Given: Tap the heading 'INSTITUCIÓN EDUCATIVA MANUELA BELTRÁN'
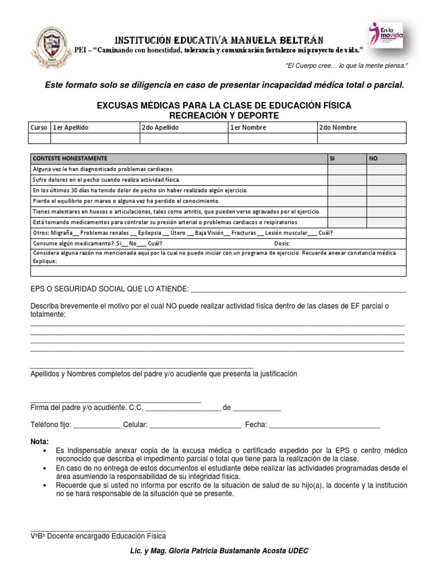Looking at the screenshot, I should click(220, 40).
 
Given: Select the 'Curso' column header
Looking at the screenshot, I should click(39, 128).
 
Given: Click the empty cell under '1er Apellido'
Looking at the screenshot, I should click(95, 138).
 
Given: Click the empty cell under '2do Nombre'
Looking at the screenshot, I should click(362, 138).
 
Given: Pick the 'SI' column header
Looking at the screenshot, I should click(347, 159).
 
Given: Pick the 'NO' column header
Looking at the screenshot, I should click(386, 159).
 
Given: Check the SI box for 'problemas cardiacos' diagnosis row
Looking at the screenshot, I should click(347, 169).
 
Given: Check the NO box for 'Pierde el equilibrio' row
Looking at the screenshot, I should click(386, 201).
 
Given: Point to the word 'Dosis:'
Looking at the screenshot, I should click(283, 243).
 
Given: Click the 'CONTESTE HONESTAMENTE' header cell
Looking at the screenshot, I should click(70, 159).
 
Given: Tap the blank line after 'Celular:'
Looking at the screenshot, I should click(195, 425).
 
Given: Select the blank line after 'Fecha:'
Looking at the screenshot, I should click(324, 425).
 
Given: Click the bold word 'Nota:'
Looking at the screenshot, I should click(39, 442).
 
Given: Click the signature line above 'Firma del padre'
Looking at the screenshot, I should click(115, 401).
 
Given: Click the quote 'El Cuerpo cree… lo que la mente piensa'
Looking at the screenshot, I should click(346, 66).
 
